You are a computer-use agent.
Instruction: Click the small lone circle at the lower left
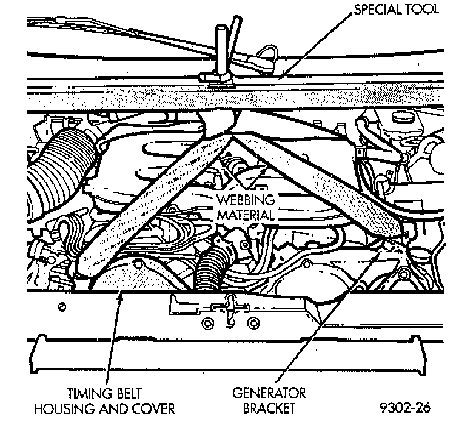pyautogui.click(x=61, y=308)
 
